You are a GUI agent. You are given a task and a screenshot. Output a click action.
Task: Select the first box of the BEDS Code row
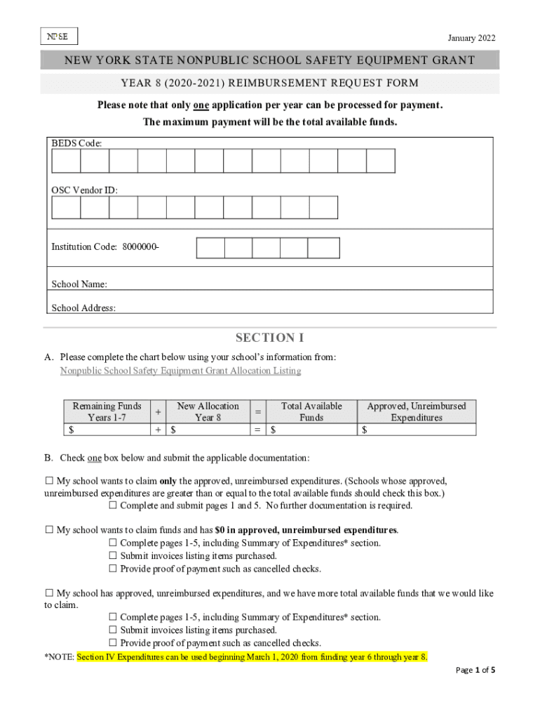click(66, 161)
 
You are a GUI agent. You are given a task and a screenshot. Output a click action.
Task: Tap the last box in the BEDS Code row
click(381, 161)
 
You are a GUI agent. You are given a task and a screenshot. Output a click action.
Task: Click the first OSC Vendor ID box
click(66, 208)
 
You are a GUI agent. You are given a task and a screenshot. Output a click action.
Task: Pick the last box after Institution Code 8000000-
click(323, 248)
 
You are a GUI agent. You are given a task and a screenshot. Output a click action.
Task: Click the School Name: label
click(79, 284)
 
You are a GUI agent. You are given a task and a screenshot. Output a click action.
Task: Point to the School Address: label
click(83, 308)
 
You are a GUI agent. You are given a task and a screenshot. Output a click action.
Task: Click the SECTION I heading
click(269, 338)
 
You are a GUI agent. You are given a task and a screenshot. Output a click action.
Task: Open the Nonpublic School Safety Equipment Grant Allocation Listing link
click(180, 371)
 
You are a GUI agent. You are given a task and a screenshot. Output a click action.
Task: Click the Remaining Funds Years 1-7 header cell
click(107, 411)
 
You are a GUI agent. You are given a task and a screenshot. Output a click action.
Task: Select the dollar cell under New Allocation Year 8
click(210, 430)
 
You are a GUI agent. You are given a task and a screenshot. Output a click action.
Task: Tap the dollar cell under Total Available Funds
click(311, 430)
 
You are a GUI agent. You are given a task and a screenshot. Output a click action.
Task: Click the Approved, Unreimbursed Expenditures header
click(416, 411)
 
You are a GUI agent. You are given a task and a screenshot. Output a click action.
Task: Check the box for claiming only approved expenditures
click(49, 481)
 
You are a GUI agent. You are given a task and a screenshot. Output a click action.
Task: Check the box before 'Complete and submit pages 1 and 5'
click(113, 506)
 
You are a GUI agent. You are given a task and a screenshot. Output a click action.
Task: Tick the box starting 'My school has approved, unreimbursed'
click(49, 593)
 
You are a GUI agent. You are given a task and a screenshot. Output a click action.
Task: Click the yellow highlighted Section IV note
click(252, 657)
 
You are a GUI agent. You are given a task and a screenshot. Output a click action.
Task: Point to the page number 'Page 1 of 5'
click(475, 671)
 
